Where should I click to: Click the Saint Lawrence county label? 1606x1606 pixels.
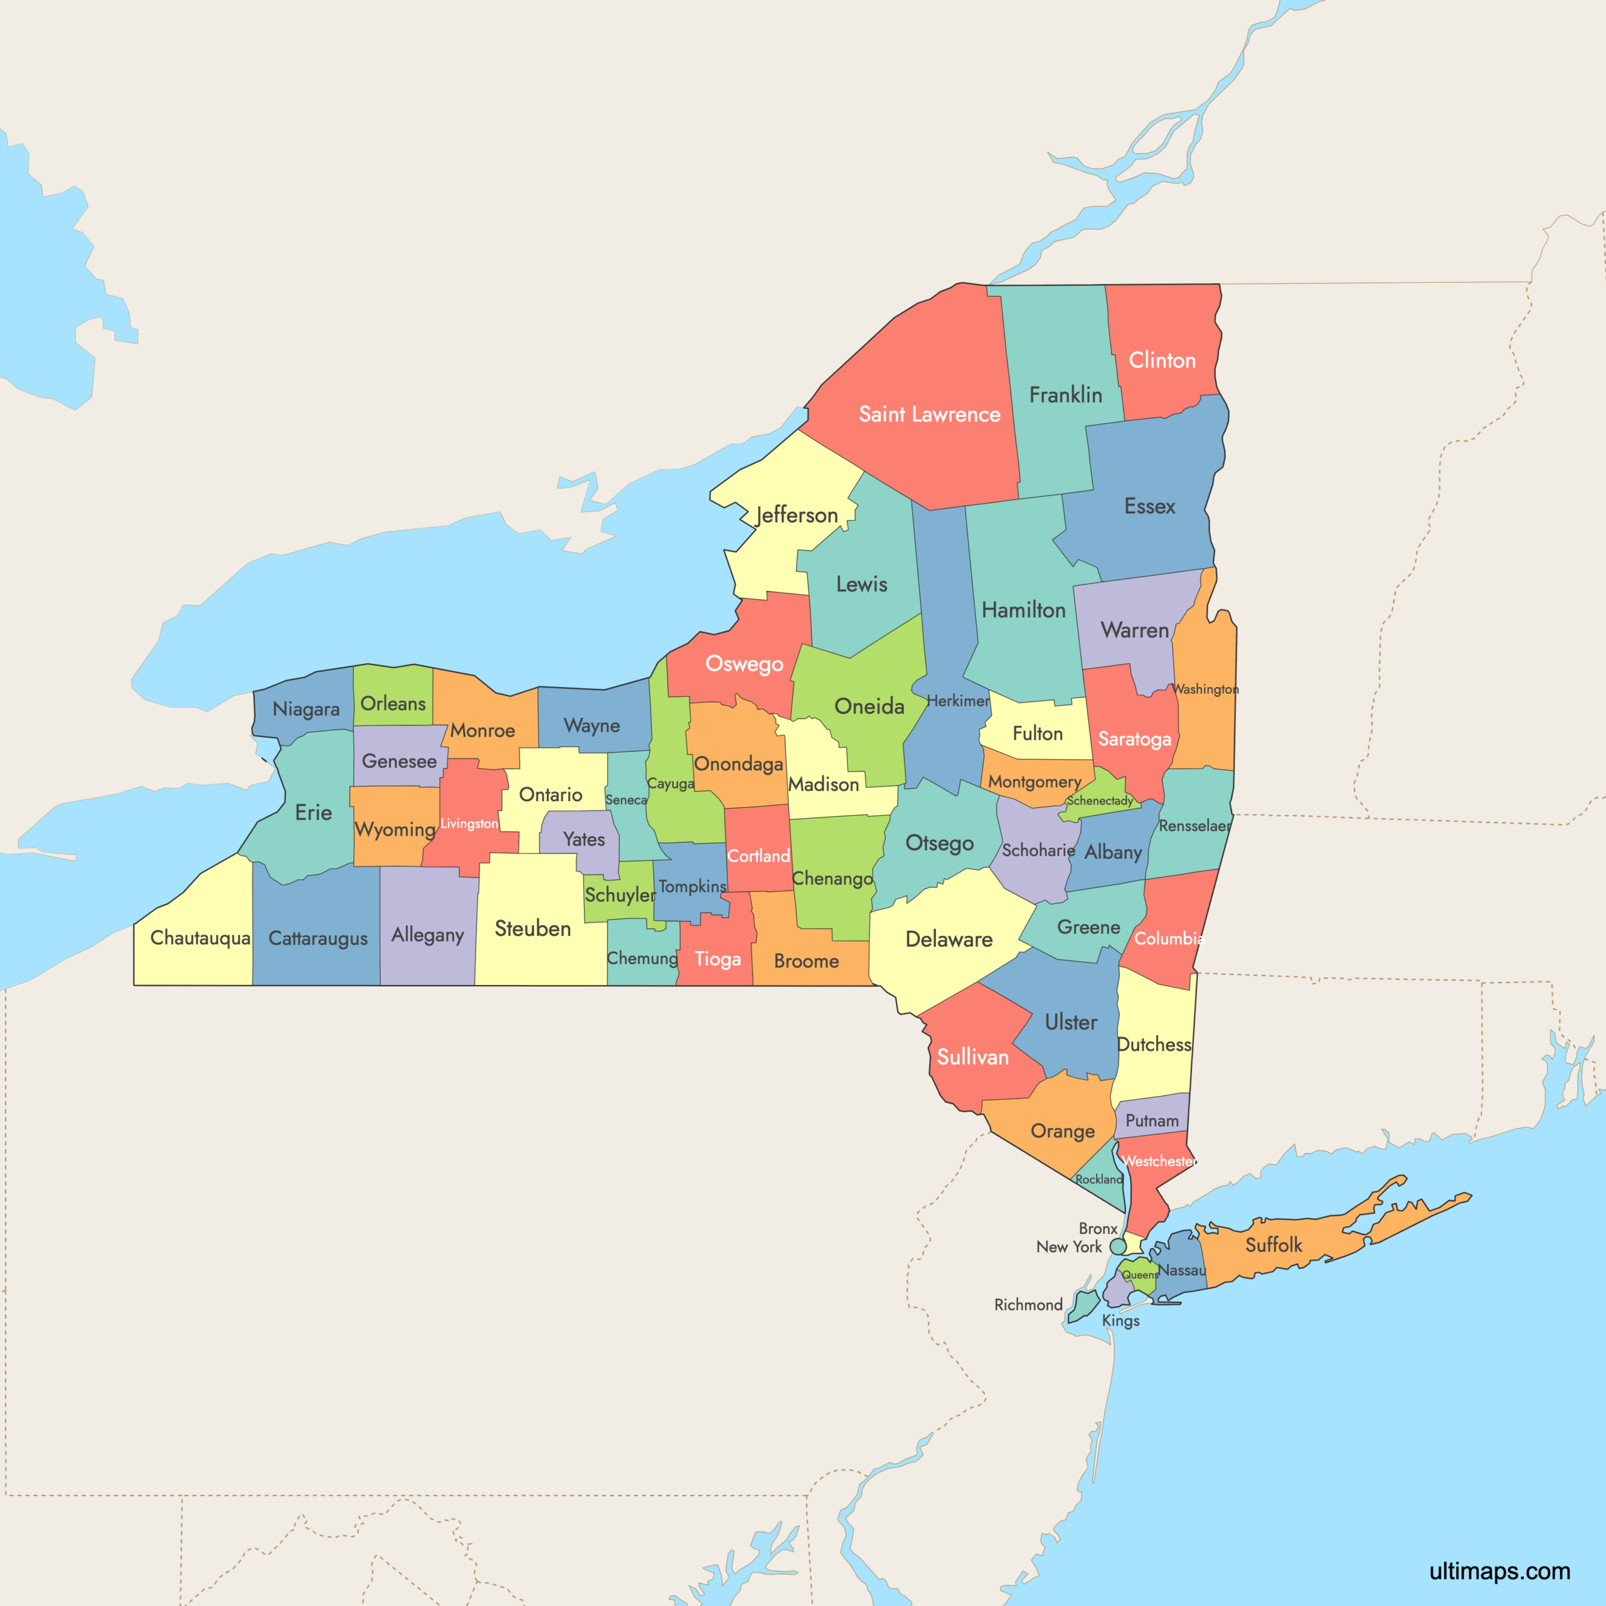(929, 414)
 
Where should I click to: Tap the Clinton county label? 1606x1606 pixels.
(1161, 360)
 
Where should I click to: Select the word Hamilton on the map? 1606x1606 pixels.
(1023, 610)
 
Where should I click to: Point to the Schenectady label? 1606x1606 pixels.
(1099, 800)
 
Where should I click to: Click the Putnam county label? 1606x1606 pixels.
(1151, 1120)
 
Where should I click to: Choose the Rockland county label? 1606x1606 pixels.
(1098, 1179)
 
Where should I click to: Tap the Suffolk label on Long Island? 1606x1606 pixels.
(1274, 1245)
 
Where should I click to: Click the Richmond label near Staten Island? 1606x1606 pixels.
(1028, 1305)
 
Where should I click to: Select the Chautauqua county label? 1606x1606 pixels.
(199, 938)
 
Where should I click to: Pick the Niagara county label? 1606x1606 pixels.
(306, 709)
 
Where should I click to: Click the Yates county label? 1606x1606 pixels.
(583, 839)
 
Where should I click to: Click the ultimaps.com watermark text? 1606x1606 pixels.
(1499, 1570)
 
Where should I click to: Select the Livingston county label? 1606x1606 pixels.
(469, 823)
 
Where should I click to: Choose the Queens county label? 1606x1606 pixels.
(1140, 1274)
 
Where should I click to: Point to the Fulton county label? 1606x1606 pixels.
(1036, 733)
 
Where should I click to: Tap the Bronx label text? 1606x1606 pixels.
(1097, 1228)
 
